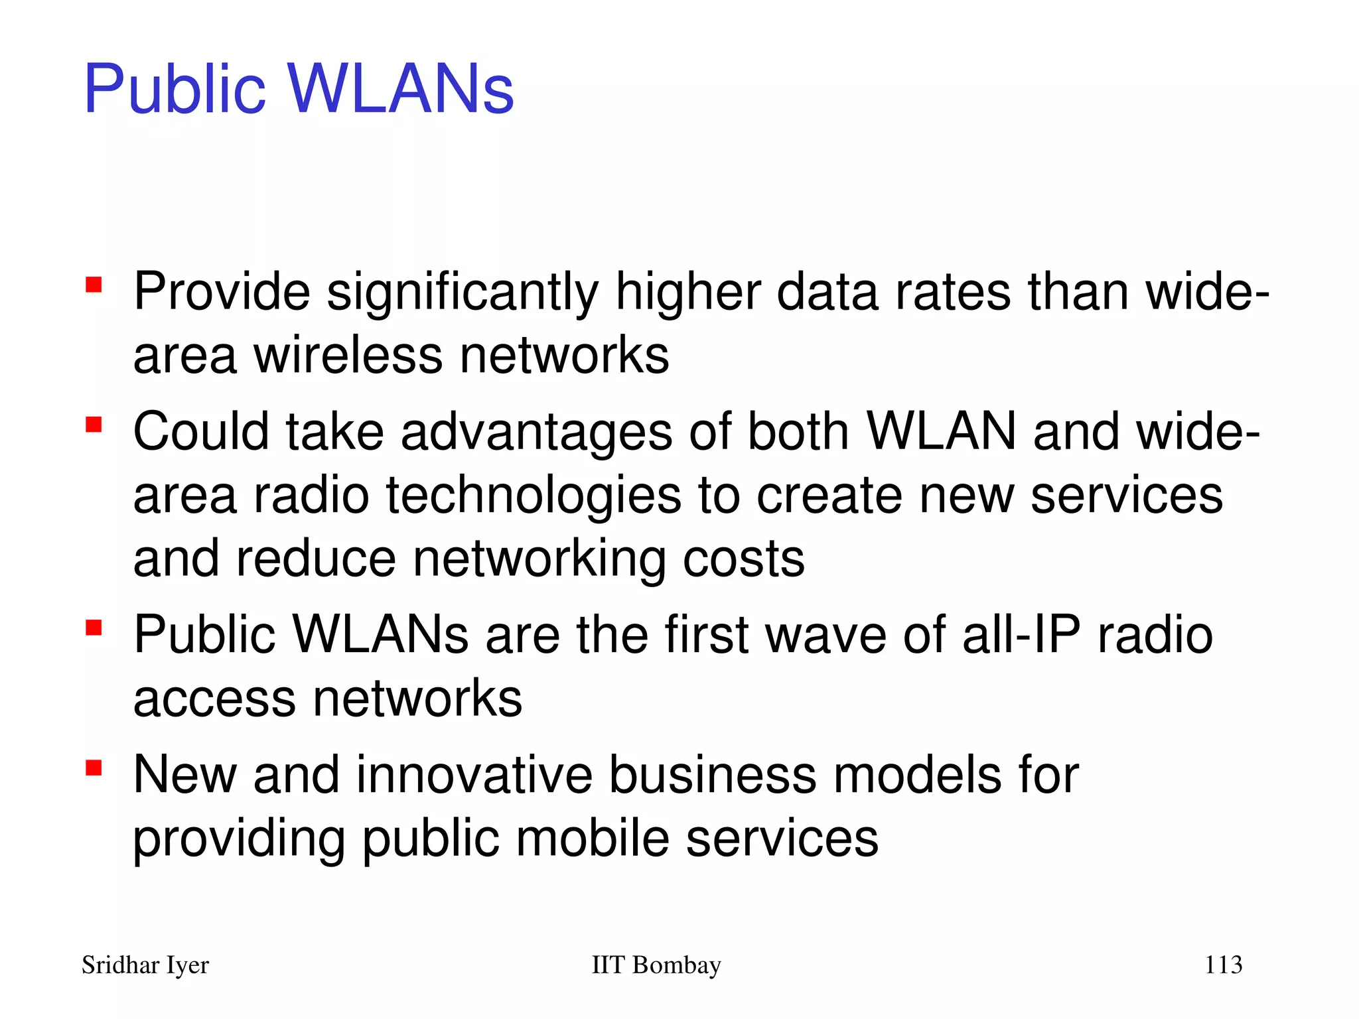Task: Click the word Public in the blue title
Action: pyautogui.click(x=175, y=89)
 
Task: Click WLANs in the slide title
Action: pyautogui.click(x=401, y=89)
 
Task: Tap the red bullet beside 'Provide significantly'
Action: pyautogui.click(x=94, y=285)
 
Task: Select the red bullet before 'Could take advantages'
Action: pyautogui.click(x=94, y=425)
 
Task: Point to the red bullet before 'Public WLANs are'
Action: pyautogui.click(x=94, y=628)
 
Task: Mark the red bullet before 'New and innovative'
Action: pyautogui.click(x=94, y=768)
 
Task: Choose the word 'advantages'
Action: pyautogui.click(x=537, y=432)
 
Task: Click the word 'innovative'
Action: pyautogui.click(x=474, y=775)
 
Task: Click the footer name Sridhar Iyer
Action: pyautogui.click(x=145, y=965)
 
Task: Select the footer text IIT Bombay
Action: pyautogui.click(x=656, y=965)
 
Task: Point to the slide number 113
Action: pyautogui.click(x=1223, y=965)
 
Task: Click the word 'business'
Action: pyautogui.click(x=713, y=775)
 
